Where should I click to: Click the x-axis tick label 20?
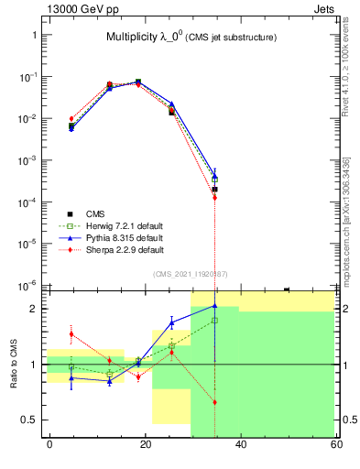(x=145, y=444)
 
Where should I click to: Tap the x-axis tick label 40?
(x=240, y=444)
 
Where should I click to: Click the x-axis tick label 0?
(x=49, y=444)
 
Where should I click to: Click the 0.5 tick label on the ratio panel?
(x=27, y=420)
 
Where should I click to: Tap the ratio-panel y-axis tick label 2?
(x=33, y=309)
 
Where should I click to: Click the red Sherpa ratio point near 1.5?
(x=71, y=334)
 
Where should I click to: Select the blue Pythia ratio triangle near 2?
(x=214, y=306)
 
